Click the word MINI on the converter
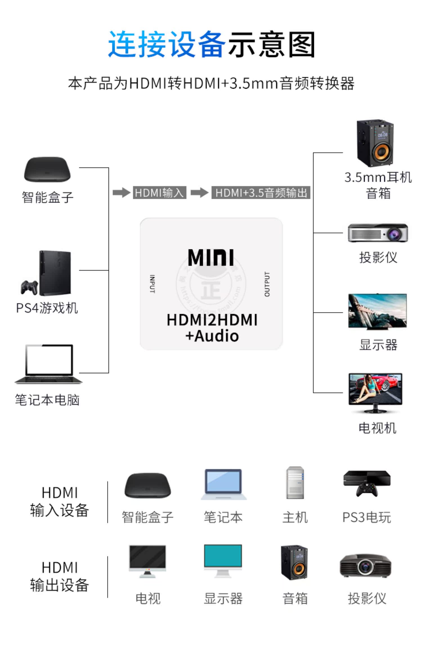(211, 257)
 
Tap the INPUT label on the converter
(152, 284)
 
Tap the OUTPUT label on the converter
(267, 284)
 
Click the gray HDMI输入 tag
(160, 193)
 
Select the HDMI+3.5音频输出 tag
(261, 193)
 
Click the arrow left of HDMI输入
(121, 193)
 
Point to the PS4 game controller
(29, 287)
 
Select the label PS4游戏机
(47, 308)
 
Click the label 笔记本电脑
(47, 400)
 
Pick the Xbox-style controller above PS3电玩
(367, 490)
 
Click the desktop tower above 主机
(295, 483)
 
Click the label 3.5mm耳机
(378, 177)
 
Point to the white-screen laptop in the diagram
(48, 363)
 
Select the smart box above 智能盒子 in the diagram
(47, 170)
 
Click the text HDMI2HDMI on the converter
(212, 320)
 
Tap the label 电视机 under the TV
(377, 428)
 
